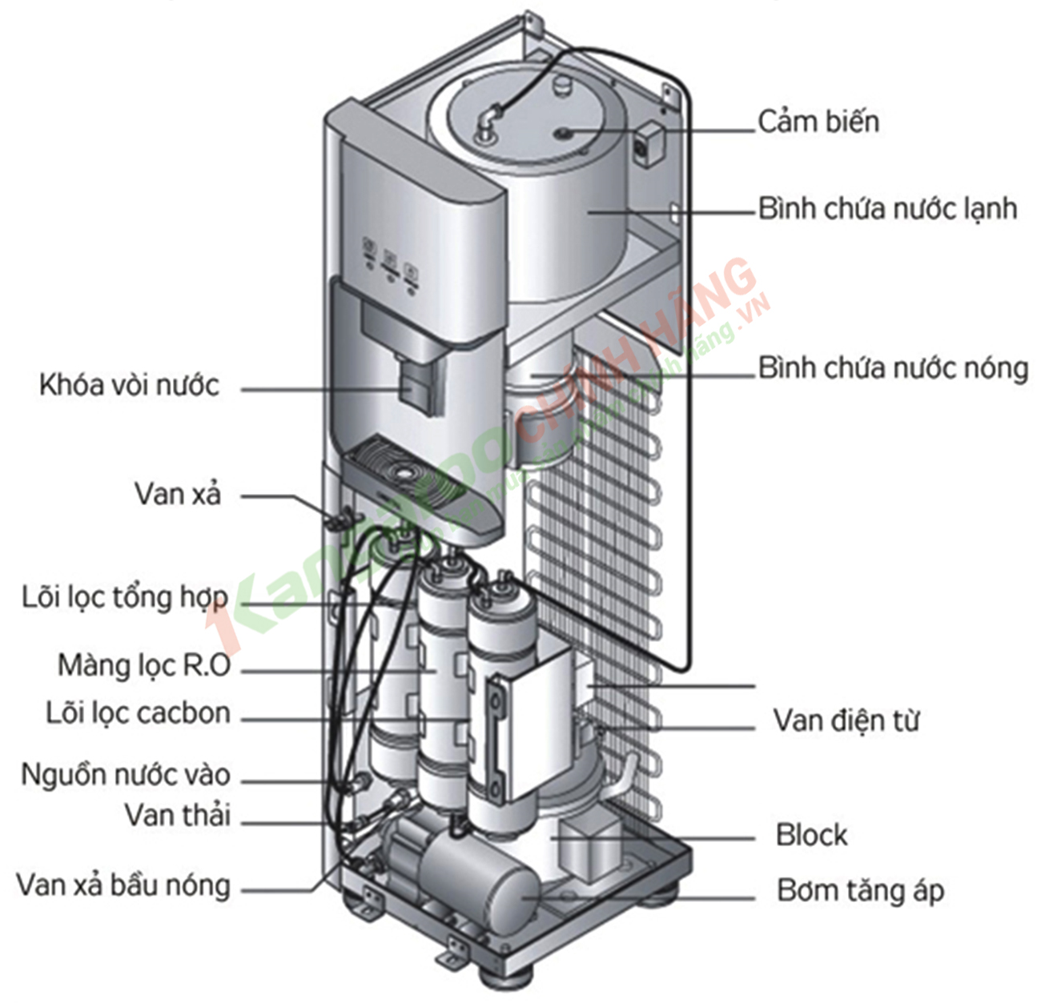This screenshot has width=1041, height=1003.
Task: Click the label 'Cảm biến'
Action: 818,122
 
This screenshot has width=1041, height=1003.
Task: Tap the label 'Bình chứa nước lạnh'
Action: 887,209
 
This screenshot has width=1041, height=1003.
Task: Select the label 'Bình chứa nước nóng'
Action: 893,368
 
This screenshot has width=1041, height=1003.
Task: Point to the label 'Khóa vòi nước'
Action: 129,385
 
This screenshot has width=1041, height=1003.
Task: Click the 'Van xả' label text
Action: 177,494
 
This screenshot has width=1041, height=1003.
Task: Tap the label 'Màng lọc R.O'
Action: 144,665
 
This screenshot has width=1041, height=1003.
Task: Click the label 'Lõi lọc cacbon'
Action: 138,713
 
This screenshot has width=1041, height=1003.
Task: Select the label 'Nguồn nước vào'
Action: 126,775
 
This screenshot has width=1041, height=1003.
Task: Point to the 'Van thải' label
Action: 177,816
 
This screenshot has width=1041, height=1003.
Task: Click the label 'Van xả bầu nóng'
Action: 123,885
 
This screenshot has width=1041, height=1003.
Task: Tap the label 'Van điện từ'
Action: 846,720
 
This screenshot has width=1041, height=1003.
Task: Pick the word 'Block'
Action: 811,835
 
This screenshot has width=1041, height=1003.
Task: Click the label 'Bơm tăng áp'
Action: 860,890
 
